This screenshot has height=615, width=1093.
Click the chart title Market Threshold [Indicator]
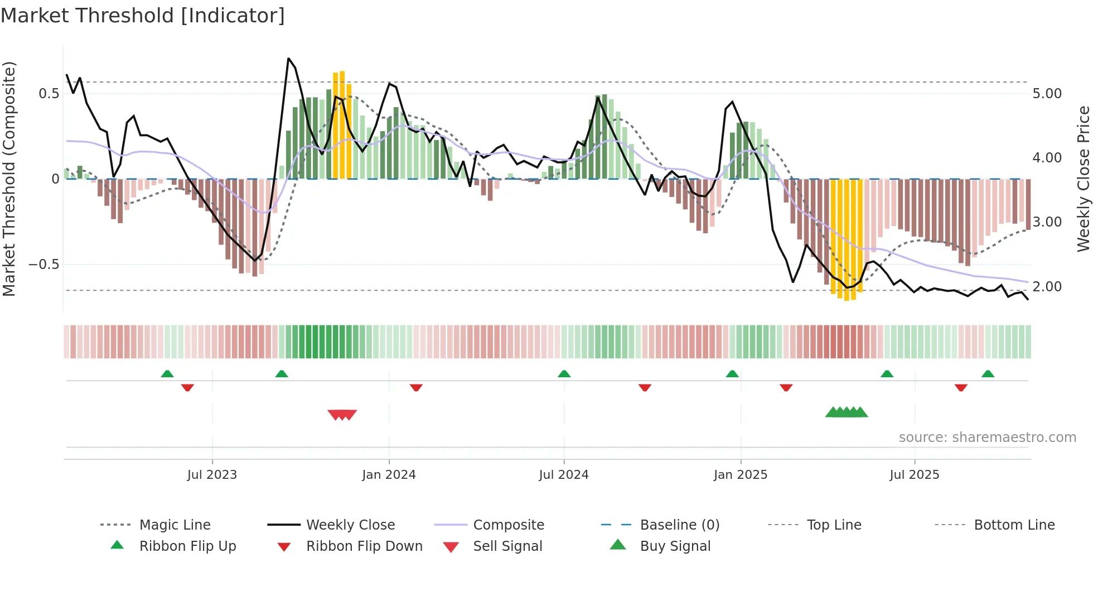(143, 16)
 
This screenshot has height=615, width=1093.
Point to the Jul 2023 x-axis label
(212, 475)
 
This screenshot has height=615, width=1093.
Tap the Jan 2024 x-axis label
(389, 475)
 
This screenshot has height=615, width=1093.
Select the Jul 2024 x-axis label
(564, 475)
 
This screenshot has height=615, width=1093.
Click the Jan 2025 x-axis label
(741, 475)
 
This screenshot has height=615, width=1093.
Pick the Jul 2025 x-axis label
(915, 475)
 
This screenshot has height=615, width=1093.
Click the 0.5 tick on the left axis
(49, 94)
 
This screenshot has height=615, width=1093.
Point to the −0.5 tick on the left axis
(44, 265)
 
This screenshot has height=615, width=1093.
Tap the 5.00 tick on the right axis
(1047, 94)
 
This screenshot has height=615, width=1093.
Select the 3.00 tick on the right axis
(1047, 222)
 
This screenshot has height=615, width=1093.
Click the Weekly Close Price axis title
(1083, 179)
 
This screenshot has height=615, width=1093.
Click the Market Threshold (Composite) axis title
(9, 179)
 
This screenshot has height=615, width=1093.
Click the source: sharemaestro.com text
(987, 438)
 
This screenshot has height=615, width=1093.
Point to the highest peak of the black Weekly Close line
(288, 58)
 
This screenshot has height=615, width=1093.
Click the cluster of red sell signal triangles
(342, 415)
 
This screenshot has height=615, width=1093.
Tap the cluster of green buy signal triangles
(847, 412)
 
